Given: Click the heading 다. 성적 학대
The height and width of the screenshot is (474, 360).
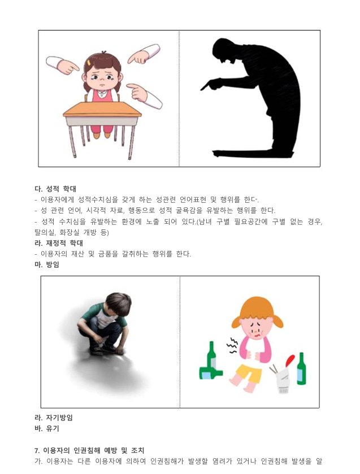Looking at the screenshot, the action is pos(55,189).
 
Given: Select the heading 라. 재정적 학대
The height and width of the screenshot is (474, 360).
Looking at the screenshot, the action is pos(59,243).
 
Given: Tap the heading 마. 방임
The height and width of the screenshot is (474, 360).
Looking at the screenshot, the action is pos(47,264).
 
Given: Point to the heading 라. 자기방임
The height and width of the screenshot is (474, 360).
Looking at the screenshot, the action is pos(54,418).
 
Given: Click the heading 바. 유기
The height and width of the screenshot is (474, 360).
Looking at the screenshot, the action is pos(47,428).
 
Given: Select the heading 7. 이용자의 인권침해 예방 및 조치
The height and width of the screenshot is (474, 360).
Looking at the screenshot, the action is pos(89,450).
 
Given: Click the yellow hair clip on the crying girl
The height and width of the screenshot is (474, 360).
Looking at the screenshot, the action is pos(89,63).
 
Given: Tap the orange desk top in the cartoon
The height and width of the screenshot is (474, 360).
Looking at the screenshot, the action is pos(102,110).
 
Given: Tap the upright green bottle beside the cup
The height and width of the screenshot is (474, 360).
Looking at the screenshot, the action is pos(301,368).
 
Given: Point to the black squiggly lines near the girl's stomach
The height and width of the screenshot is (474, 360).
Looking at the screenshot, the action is pos(232,346).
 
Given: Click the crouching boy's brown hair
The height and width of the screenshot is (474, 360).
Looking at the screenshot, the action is pos(118,303).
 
